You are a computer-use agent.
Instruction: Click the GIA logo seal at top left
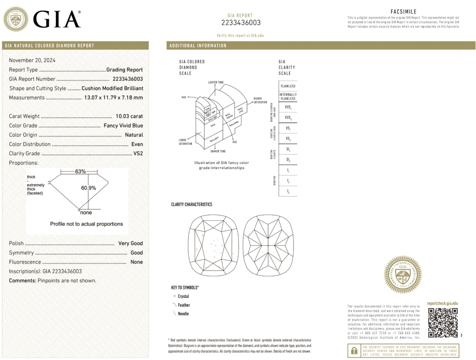pyautogui.click(x=16, y=19)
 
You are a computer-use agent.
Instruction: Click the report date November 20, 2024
pyautogui.click(x=32, y=60)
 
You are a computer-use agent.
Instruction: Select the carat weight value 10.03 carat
pyautogui.click(x=129, y=116)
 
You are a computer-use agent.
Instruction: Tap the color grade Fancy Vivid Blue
pyautogui.click(x=123, y=125)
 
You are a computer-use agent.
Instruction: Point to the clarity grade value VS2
pyautogui.click(x=138, y=153)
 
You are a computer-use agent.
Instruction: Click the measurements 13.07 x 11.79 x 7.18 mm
pyautogui.click(x=113, y=98)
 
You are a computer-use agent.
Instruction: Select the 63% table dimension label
pyautogui.click(x=80, y=172)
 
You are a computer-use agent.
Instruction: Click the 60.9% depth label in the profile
pyautogui.click(x=88, y=188)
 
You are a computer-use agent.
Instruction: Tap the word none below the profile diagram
pyautogui.click(x=86, y=213)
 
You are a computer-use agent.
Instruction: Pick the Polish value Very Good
pyautogui.click(x=130, y=243)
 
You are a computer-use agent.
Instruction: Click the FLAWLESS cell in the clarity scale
pyautogui.click(x=288, y=86)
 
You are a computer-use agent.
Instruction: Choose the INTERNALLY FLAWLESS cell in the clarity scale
pyautogui.click(x=288, y=96)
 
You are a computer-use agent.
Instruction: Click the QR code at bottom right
pyautogui.click(x=443, y=322)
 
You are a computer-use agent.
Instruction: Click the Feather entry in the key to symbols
pyautogui.click(x=183, y=305)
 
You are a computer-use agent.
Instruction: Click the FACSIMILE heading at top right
pyautogui.click(x=403, y=12)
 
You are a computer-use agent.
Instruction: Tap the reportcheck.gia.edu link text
pyautogui.click(x=443, y=303)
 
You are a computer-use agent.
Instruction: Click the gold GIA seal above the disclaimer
pyautogui.click(x=403, y=274)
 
